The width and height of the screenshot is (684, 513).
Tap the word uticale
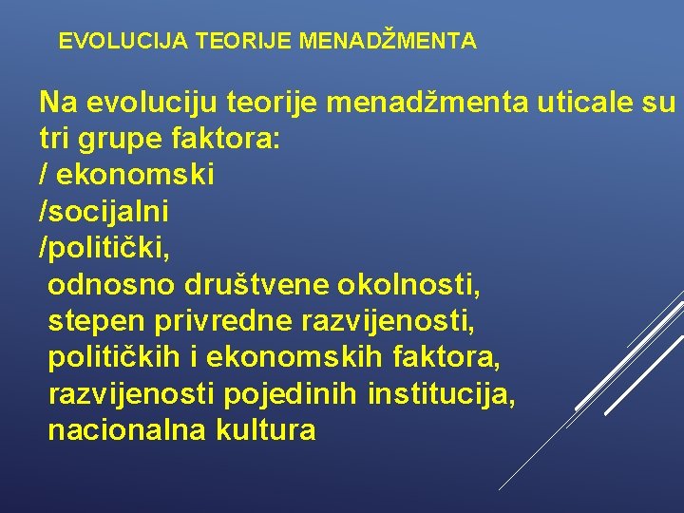pyautogui.click(x=590, y=103)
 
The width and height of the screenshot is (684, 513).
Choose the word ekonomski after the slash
pyautogui.click(x=136, y=175)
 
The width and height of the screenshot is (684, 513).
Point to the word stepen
pyautogui.click(x=94, y=321)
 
